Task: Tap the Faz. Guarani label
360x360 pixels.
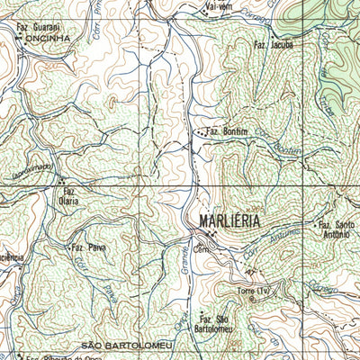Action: coord(37,28)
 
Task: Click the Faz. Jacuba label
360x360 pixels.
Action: coord(274,44)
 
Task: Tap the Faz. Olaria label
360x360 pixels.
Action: coord(69,195)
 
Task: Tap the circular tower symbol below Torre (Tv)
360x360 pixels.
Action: coord(251,300)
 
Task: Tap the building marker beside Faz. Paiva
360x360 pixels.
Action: coord(69,246)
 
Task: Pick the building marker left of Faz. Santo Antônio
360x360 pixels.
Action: coord(310,224)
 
